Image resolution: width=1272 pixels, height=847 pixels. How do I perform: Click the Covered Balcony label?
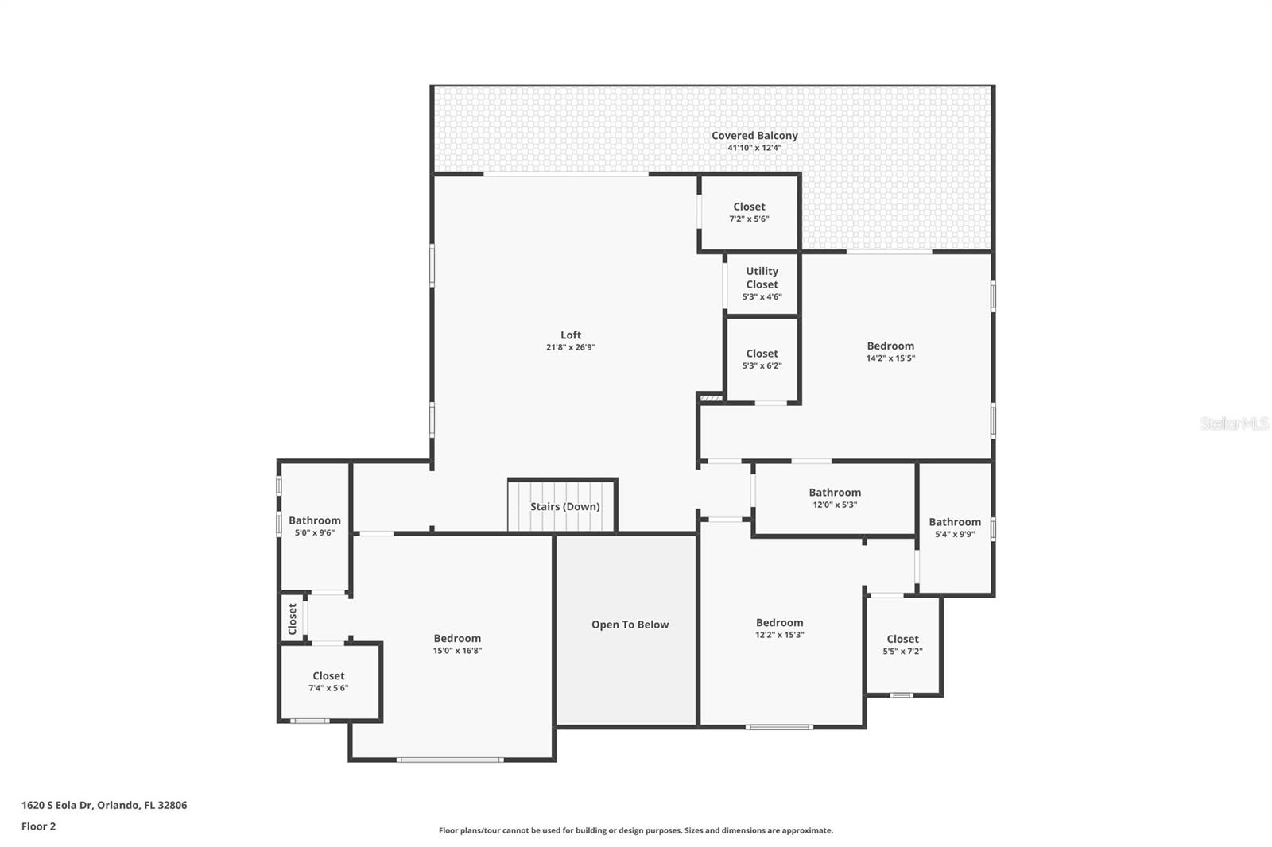754,136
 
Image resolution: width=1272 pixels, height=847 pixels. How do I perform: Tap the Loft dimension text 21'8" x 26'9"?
570,347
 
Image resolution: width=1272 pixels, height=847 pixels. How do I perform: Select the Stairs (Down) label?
564,506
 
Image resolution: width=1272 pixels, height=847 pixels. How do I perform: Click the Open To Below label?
630,625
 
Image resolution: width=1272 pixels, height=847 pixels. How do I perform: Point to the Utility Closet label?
762,277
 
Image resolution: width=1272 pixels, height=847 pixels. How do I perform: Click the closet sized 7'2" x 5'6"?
749,211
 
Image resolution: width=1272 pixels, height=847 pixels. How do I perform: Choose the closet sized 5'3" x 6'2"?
762,359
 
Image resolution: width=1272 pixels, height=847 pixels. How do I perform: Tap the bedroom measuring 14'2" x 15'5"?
890,351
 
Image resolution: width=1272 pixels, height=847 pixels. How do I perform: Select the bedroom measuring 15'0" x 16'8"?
457,644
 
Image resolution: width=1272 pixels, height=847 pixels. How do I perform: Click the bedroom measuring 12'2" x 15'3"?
779,628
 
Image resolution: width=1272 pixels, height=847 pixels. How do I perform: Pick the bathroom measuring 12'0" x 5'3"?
835,497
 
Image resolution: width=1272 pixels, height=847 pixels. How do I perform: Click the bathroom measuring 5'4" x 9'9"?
955,528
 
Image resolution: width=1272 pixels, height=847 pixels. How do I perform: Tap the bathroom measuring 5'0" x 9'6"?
315,526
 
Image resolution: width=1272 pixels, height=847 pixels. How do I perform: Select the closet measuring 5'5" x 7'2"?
902,644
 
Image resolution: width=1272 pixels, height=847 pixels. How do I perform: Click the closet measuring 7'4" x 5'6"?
328,681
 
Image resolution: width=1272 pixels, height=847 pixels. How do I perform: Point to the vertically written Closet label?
292,618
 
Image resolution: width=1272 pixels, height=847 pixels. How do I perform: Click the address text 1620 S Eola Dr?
104,805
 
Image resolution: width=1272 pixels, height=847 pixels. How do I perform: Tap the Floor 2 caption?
38,826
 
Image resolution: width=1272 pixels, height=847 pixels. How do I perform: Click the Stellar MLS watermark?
1234,424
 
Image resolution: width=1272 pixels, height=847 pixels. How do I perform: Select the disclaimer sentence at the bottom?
636,830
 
